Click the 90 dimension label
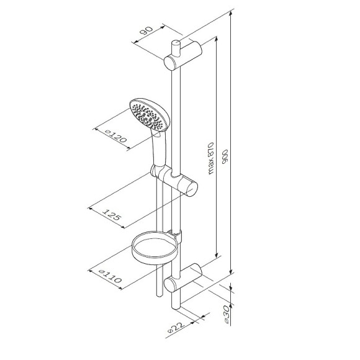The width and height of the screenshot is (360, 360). pos(146,31)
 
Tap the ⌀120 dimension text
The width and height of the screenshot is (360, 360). pos(116,136)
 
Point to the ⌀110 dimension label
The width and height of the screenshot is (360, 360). pos(110,276)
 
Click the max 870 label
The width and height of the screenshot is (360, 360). pos(210,158)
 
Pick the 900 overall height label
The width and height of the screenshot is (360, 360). pos(225,157)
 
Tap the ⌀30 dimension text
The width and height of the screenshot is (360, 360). pos(227,315)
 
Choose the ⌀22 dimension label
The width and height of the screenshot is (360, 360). pos(176,328)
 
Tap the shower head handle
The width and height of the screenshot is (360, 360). pos(159,149)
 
